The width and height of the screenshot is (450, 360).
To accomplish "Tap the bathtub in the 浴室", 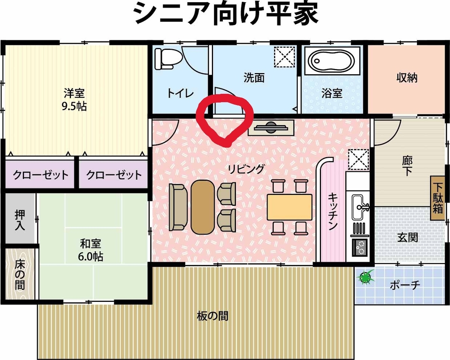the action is click(x=332, y=61).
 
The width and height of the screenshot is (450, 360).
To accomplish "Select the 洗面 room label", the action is click(x=254, y=78).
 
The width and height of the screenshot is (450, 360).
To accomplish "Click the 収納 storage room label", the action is click(x=407, y=78).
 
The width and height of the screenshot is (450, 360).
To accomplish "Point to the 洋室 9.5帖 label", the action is click(x=75, y=100).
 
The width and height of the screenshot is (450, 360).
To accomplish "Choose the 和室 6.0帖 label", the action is click(x=90, y=250).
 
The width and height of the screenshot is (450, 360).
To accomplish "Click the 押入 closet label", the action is click(x=20, y=220).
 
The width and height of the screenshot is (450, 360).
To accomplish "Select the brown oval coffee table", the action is click(x=203, y=207).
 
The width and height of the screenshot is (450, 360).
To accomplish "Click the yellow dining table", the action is click(x=289, y=207).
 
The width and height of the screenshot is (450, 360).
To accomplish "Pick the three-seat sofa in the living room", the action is click(x=178, y=207).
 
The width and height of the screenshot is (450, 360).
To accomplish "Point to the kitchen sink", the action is click(x=360, y=207).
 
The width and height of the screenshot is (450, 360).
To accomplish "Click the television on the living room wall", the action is click(x=271, y=127).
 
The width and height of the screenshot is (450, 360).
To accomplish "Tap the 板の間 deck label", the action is click(x=213, y=316).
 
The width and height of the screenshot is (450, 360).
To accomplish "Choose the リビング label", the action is click(x=246, y=169).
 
